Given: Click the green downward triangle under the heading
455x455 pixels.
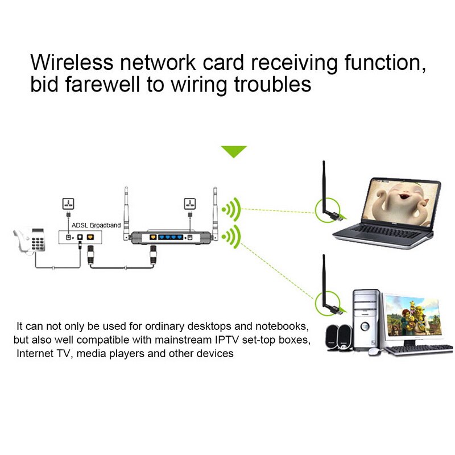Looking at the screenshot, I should [x=234, y=151].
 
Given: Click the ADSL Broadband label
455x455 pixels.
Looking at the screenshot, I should [x=96, y=225].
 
